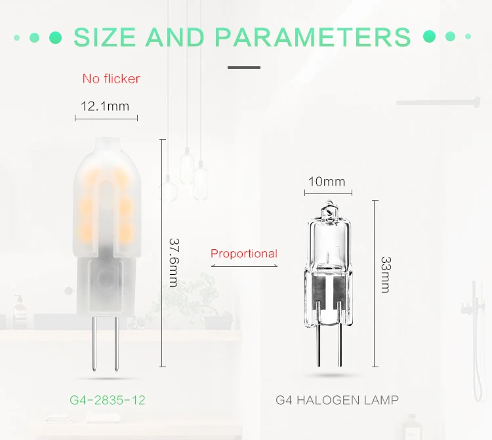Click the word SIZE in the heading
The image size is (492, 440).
coord(104,37)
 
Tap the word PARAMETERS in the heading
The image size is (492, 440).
coord(312,37)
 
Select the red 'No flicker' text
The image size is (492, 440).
coord(111,79)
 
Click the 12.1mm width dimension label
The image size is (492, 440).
coord(105,106)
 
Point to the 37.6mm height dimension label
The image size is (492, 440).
coord(174,262)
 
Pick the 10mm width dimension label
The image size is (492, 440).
coord(327,182)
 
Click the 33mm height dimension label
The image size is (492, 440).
coord(385,275)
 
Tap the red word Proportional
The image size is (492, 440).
coord(244,253)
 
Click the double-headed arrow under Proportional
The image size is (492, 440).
coord(244,266)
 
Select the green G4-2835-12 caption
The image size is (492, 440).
coord(108,400)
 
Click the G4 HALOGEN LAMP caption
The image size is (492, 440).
coord(337,400)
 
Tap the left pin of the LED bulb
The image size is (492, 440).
coord(94,344)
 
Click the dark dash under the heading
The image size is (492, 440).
coord(244,68)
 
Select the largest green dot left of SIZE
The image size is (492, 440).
coord(55,37)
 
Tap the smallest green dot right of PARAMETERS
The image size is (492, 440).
coord(468,36)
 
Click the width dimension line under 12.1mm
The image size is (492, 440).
coord(106,118)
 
